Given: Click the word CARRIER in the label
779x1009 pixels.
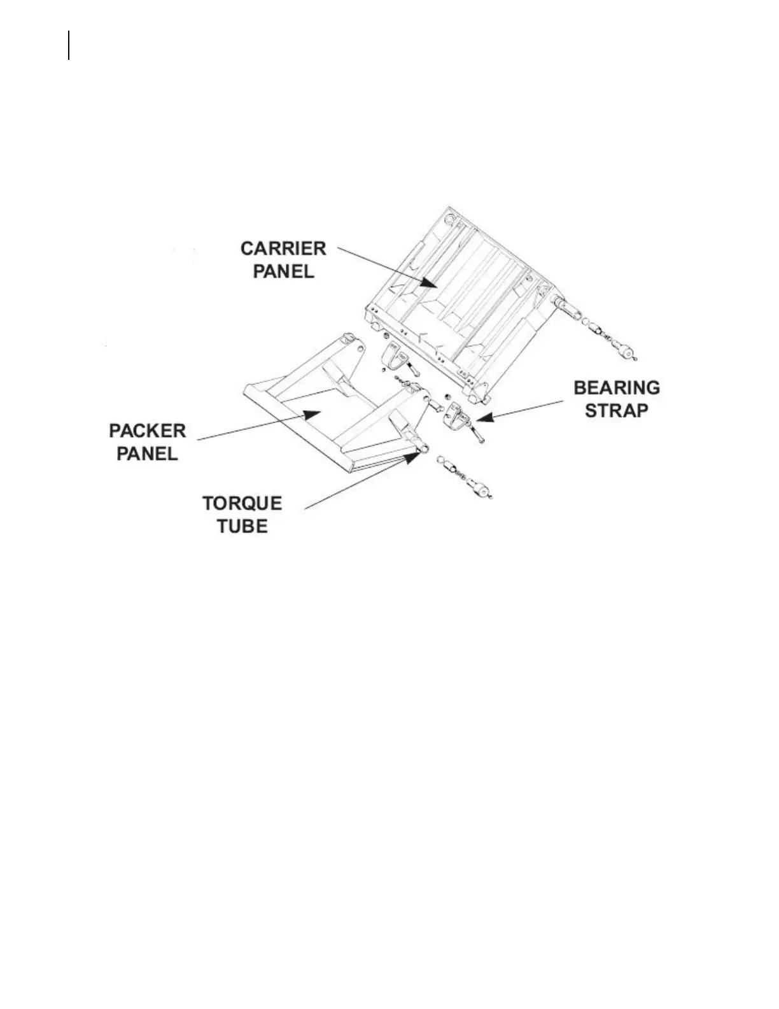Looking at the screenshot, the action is click(283, 248).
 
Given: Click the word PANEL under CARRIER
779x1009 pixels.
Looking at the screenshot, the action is click(284, 271).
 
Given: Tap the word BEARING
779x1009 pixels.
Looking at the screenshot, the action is click(617, 388).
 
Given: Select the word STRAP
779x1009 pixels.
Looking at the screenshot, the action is click(617, 410).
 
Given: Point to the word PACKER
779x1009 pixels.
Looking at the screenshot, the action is click(148, 431).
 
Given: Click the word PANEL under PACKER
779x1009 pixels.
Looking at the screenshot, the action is click(148, 454).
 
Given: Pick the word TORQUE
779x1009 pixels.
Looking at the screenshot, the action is click(242, 504).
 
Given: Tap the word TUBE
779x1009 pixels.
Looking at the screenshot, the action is click(242, 527).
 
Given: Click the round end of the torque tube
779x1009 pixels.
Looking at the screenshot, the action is click(424, 450).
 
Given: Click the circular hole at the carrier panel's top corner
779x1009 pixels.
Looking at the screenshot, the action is click(450, 220).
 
